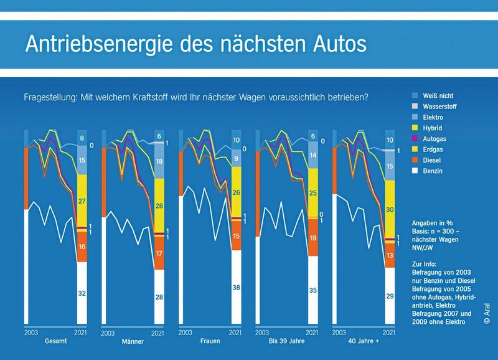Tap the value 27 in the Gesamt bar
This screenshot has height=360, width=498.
point(83,201)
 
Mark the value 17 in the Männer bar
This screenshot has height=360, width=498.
point(159,253)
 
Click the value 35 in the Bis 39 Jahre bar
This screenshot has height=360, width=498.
point(314,290)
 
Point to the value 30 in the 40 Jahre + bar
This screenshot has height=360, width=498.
point(390,210)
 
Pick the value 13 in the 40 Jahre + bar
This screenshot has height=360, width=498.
point(390,255)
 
